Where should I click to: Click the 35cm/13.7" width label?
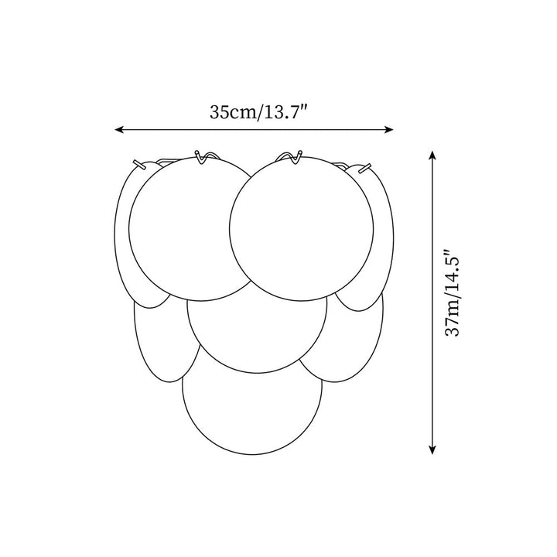[x=258, y=112]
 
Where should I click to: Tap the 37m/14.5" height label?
[x=453, y=292]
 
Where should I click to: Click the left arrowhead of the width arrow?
[x=118, y=130]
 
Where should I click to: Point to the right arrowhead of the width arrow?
[x=389, y=130]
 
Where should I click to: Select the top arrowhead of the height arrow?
[x=432, y=155]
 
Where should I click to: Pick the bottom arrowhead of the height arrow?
[x=432, y=449]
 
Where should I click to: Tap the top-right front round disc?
[x=301, y=229]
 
